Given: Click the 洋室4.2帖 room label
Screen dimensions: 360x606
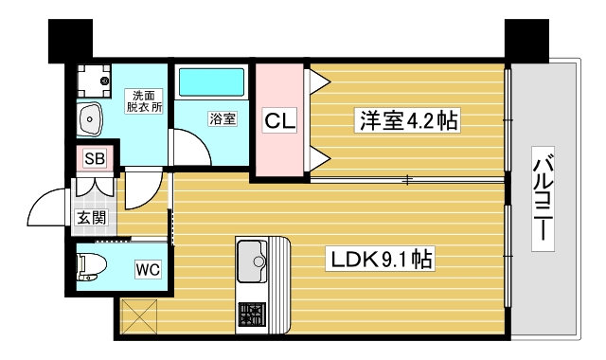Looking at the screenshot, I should [407, 121].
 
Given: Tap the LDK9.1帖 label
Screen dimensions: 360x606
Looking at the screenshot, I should [381, 258].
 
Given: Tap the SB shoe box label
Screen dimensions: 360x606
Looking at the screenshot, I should [95, 158].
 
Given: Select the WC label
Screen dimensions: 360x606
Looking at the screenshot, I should [147, 269].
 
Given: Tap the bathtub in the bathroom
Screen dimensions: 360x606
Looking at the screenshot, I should [210, 84].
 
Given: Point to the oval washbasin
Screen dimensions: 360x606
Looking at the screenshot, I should [92, 119].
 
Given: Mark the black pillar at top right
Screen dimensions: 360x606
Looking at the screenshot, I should [526, 39].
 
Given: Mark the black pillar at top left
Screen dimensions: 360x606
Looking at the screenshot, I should [68, 39].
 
